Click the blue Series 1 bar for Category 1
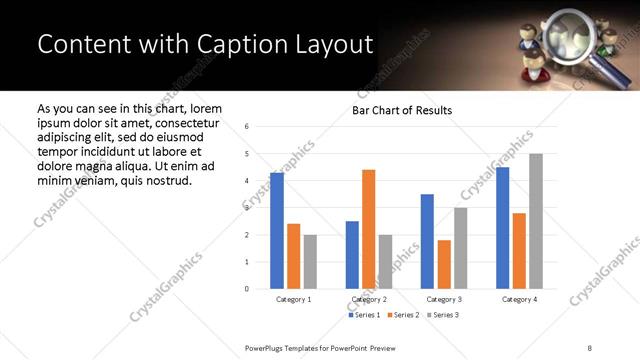point(277,231)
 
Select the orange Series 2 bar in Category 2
point(369,229)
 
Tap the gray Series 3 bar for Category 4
point(536,221)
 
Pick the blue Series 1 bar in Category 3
point(427,241)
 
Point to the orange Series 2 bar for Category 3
point(444,264)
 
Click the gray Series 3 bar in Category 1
point(310,262)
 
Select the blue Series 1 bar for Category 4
point(503,228)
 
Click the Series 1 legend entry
point(365,315)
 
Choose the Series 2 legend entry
point(402,315)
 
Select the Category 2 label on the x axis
point(369,299)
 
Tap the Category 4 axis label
point(519,299)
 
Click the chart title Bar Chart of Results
point(402,110)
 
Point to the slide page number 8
point(589,347)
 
